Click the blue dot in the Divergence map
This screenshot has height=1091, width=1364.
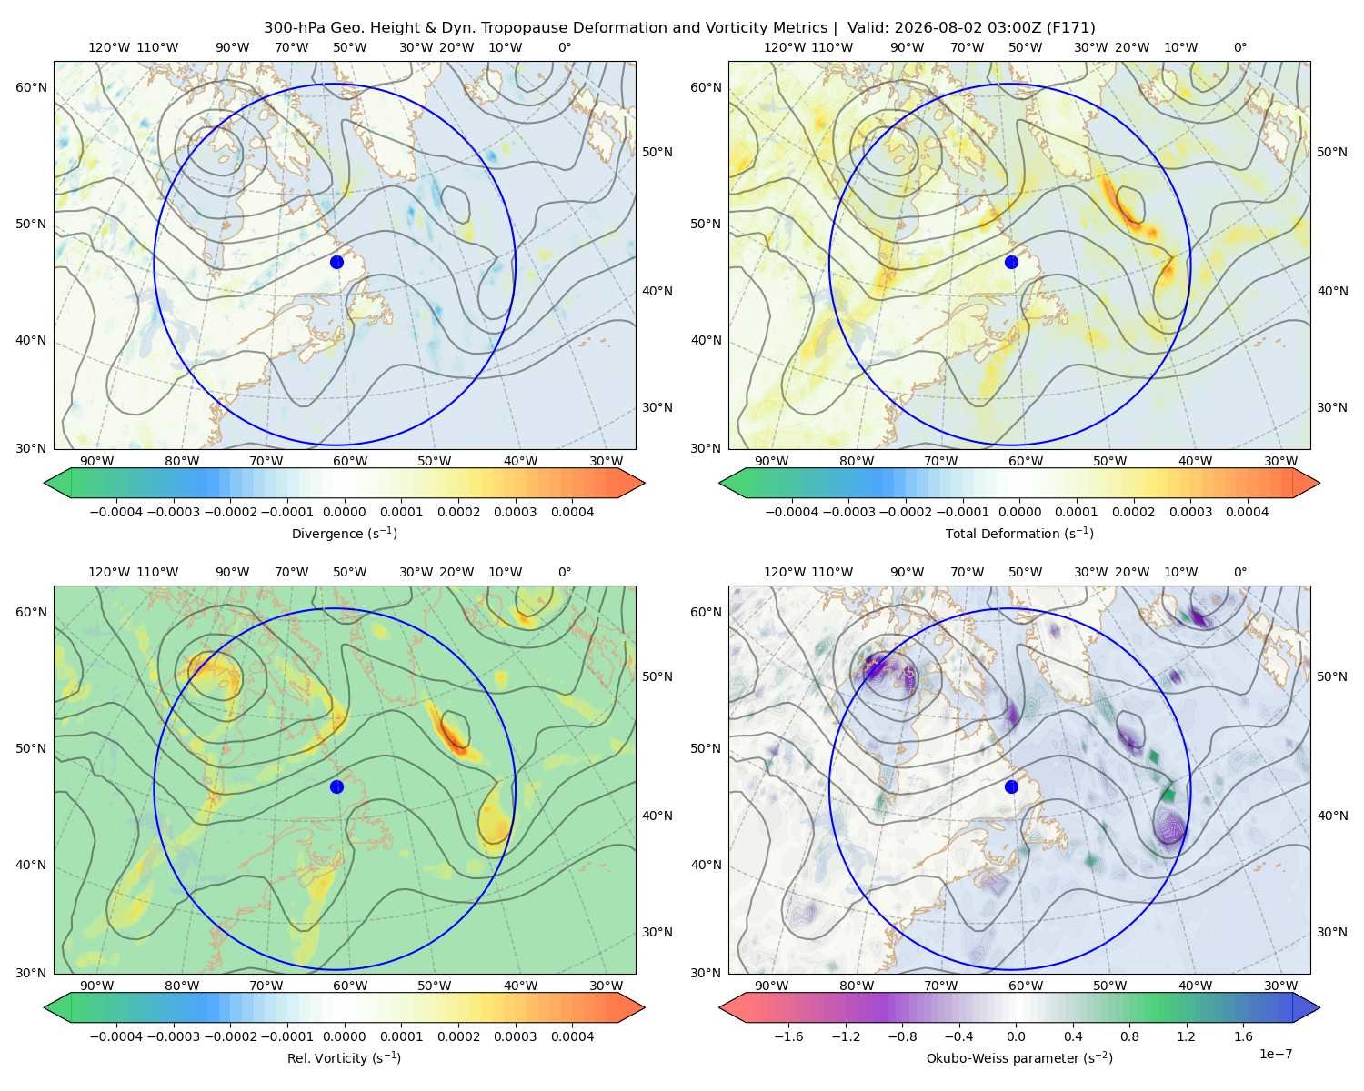336,262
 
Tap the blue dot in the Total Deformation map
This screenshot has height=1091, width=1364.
1011,262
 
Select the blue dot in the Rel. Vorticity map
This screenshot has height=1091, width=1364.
336,786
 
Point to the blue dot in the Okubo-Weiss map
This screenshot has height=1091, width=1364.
1011,786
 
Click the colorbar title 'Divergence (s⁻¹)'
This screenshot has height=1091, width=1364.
344,533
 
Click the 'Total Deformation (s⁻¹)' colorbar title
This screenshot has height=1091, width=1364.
1019,533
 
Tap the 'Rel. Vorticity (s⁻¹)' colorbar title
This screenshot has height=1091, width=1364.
344,1057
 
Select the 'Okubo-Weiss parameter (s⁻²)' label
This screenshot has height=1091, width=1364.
1019,1057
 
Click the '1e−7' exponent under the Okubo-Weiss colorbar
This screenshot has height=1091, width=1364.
1275,1054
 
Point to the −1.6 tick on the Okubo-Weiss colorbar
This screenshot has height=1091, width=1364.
788,1036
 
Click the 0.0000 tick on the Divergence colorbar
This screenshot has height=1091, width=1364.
344,512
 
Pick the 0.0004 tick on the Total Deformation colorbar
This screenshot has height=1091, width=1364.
1247,512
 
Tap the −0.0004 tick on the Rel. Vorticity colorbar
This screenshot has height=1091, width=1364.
116,1036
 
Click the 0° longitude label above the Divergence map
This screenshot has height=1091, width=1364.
565,47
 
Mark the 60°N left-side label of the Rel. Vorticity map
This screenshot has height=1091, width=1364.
31,612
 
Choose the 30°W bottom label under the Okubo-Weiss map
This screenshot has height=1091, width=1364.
1281,986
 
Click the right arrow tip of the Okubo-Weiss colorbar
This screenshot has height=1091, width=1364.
1319,1007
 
